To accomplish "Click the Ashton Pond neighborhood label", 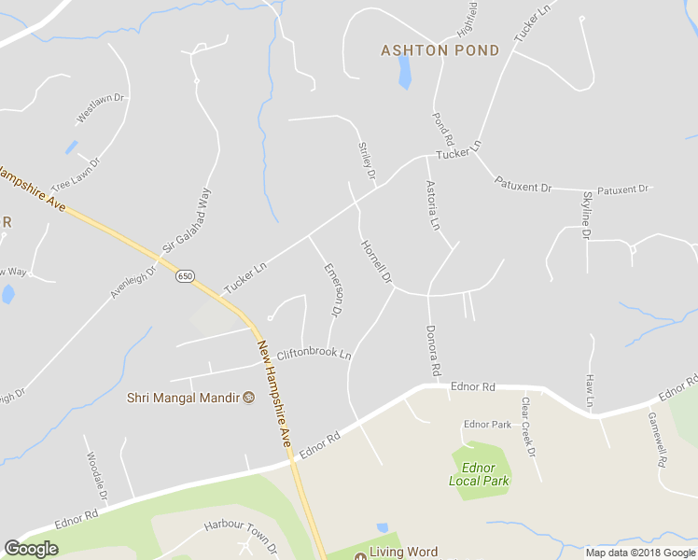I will (440, 50).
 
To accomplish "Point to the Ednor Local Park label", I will (479, 474).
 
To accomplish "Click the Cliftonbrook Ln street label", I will (314, 355).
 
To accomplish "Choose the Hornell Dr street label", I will (376, 263).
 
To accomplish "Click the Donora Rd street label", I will (432, 351).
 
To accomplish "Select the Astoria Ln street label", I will (432, 205).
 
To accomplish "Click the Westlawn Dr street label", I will (100, 107).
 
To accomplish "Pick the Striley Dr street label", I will (367, 161).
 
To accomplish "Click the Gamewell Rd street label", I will (658, 438).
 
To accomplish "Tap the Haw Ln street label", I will (590, 390).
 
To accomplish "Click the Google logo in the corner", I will (32, 549).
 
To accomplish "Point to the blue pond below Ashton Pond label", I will (404, 72).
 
